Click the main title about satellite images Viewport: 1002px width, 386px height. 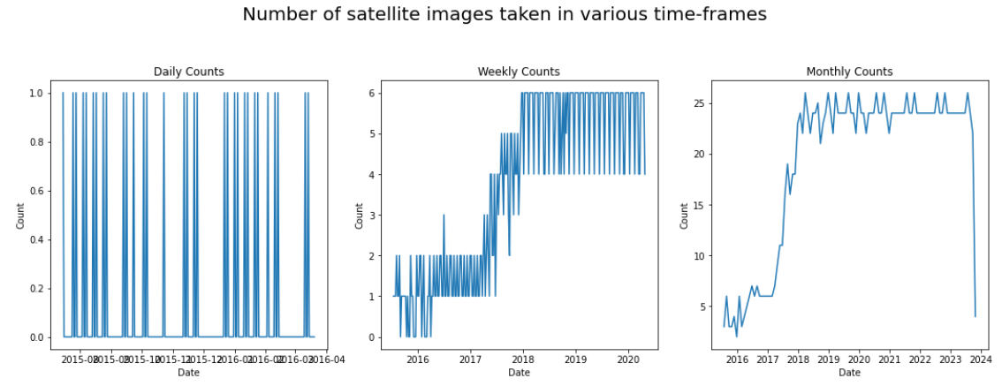[x=505, y=15]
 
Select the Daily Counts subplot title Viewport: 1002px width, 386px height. [x=188, y=72]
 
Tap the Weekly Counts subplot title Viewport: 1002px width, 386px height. [x=519, y=72]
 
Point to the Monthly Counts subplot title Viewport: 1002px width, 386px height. [x=849, y=72]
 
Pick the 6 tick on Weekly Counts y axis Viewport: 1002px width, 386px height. [x=372, y=94]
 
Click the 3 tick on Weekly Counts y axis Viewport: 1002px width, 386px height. [x=372, y=216]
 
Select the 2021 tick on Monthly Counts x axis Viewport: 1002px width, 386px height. [x=889, y=360]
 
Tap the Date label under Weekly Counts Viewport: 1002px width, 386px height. [x=519, y=373]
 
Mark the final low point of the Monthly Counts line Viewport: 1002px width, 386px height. [x=975, y=316]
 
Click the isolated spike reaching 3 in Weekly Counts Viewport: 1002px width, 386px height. [x=444, y=216]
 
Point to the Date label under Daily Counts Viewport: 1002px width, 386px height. [x=188, y=373]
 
